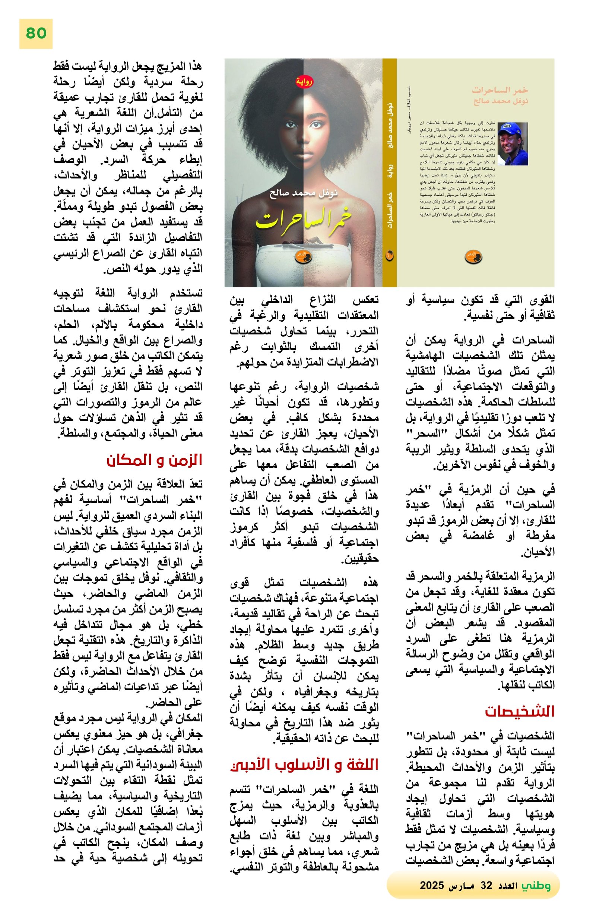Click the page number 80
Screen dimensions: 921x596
(x=36, y=34)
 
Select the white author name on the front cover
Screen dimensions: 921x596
(x=304, y=193)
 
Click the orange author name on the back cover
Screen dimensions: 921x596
(x=501, y=101)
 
